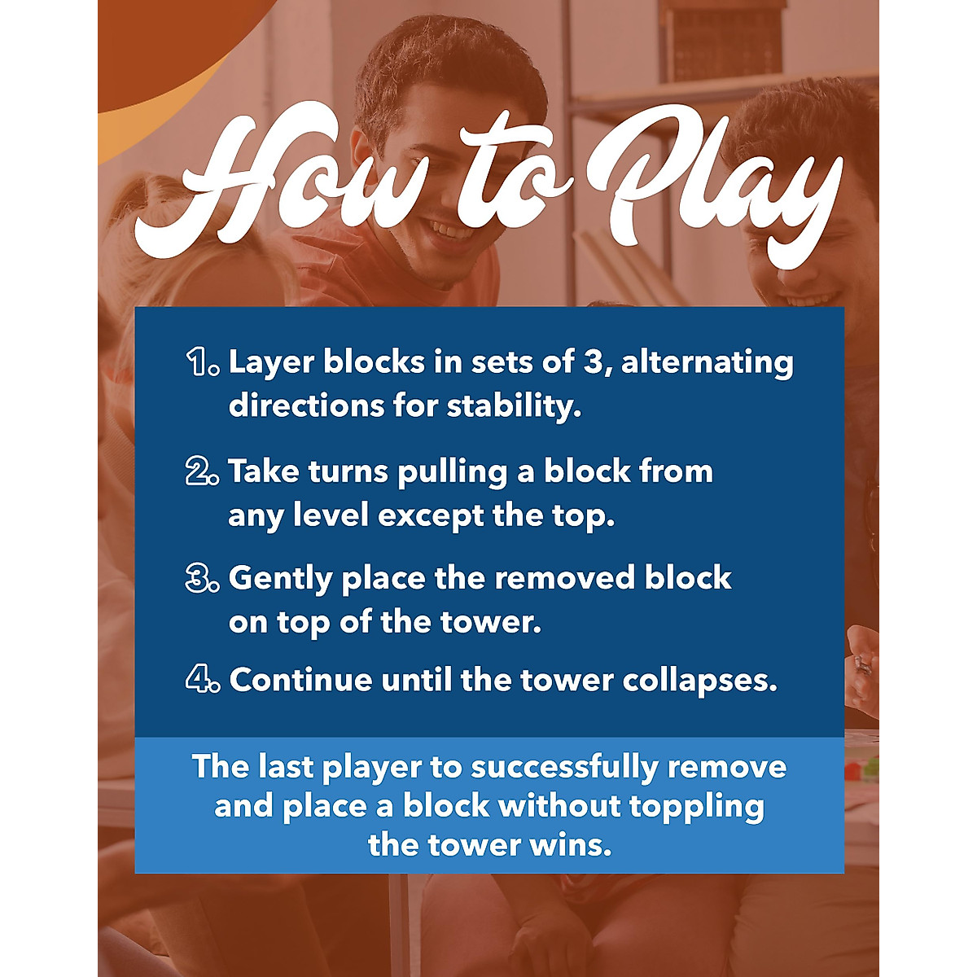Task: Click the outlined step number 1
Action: tap(202, 361)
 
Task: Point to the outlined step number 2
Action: tap(202, 471)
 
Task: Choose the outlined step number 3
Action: tap(202, 578)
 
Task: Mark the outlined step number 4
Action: tap(202, 680)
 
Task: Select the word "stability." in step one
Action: tap(514, 405)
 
